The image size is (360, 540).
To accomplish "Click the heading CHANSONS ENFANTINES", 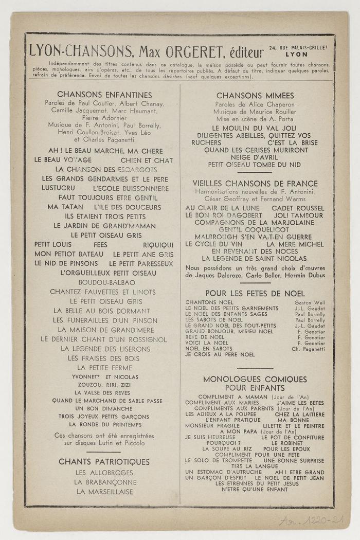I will coord(104,95).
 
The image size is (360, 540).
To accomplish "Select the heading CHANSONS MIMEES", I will coord(255,96).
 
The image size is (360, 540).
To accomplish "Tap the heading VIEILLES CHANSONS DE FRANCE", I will coord(255,184).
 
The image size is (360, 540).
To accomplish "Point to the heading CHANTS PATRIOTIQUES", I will coord(104,462).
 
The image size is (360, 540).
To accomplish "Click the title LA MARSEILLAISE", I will coord(104,492).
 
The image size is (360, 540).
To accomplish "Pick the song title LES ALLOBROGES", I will coord(104,473).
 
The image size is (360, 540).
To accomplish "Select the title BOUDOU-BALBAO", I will coord(106,283).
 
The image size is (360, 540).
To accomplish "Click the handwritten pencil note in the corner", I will coord(311,520).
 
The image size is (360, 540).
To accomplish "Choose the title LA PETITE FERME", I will coord(104,368).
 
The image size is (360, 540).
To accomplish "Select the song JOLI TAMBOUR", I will coord(299,215).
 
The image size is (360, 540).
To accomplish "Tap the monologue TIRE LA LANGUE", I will coord(255,466).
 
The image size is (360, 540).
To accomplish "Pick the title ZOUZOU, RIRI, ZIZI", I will coord(104,384).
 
